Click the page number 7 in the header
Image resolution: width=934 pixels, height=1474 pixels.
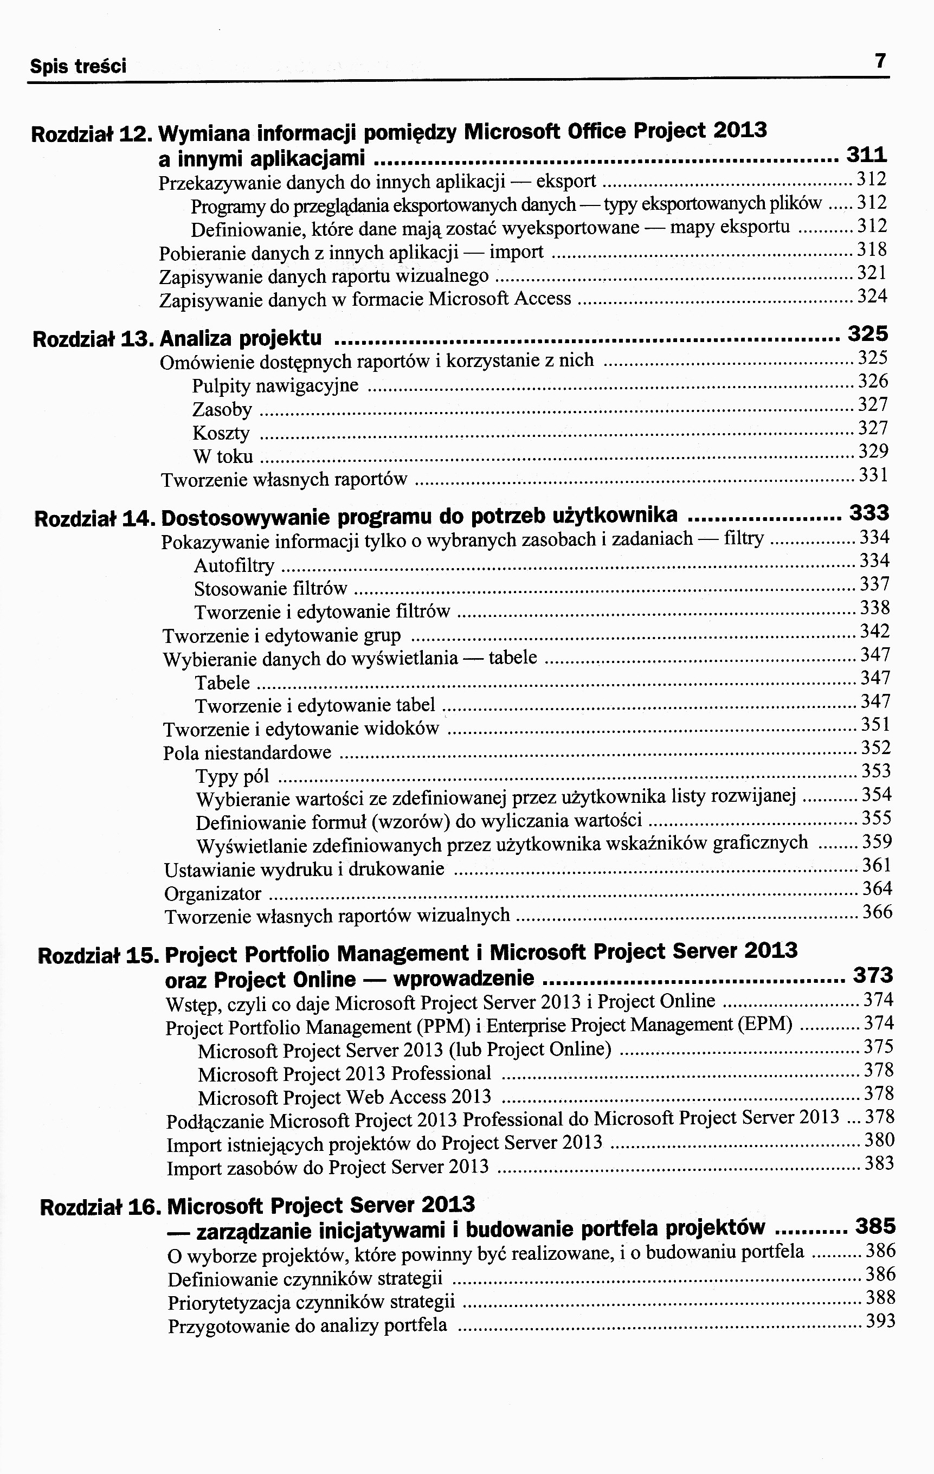[x=880, y=61]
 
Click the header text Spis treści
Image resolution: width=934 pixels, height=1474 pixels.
[x=79, y=66]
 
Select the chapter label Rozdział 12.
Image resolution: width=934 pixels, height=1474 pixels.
[x=92, y=133]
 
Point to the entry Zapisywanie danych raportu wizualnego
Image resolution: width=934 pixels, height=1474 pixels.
[x=324, y=276]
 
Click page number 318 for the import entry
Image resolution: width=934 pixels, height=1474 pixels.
[x=872, y=250]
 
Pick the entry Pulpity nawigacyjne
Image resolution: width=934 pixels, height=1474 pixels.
[x=275, y=386]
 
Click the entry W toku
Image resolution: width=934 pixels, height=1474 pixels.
[x=222, y=456]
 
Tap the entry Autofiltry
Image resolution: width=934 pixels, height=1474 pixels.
[x=234, y=565]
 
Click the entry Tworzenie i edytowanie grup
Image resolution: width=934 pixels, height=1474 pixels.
[x=281, y=636]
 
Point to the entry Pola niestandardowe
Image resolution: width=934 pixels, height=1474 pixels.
[x=247, y=753]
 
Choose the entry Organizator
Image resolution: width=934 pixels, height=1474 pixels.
[x=212, y=894]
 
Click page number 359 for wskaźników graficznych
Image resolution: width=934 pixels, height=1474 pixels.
[x=877, y=842]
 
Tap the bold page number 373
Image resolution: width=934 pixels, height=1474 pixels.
[x=873, y=975]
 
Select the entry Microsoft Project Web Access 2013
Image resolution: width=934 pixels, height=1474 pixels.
[x=345, y=1097]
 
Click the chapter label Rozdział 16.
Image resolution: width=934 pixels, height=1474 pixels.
[x=100, y=1207]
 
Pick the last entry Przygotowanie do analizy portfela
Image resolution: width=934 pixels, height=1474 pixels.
[x=307, y=1327]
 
